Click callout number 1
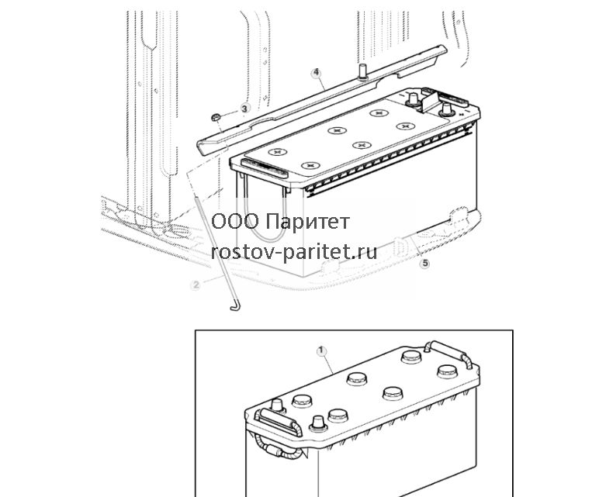click(321, 351)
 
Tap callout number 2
click(196, 285)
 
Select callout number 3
click(244, 109)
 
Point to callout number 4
click(317, 73)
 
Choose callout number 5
click(424, 264)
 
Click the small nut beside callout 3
click(216, 116)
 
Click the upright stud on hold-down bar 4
click(363, 72)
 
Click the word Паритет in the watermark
click(308, 222)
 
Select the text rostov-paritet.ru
click(294, 252)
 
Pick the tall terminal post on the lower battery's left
click(277, 406)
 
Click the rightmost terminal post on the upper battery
click(446, 109)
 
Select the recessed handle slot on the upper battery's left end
click(265, 168)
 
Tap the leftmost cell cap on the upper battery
click(277, 152)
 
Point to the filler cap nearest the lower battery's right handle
click(447, 371)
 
